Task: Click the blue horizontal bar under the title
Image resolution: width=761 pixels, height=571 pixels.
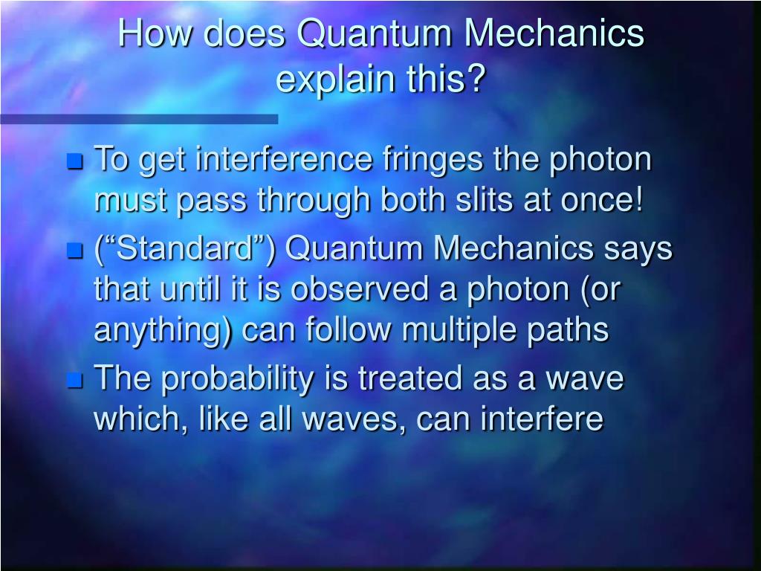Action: (x=138, y=119)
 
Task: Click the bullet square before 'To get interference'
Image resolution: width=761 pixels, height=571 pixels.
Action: (x=74, y=161)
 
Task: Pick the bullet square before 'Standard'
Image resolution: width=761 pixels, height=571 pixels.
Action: (x=74, y=251)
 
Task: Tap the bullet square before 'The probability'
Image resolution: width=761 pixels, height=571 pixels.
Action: (x=74, y=381)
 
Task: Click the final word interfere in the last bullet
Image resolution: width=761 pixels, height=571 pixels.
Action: (x=541, y=419)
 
